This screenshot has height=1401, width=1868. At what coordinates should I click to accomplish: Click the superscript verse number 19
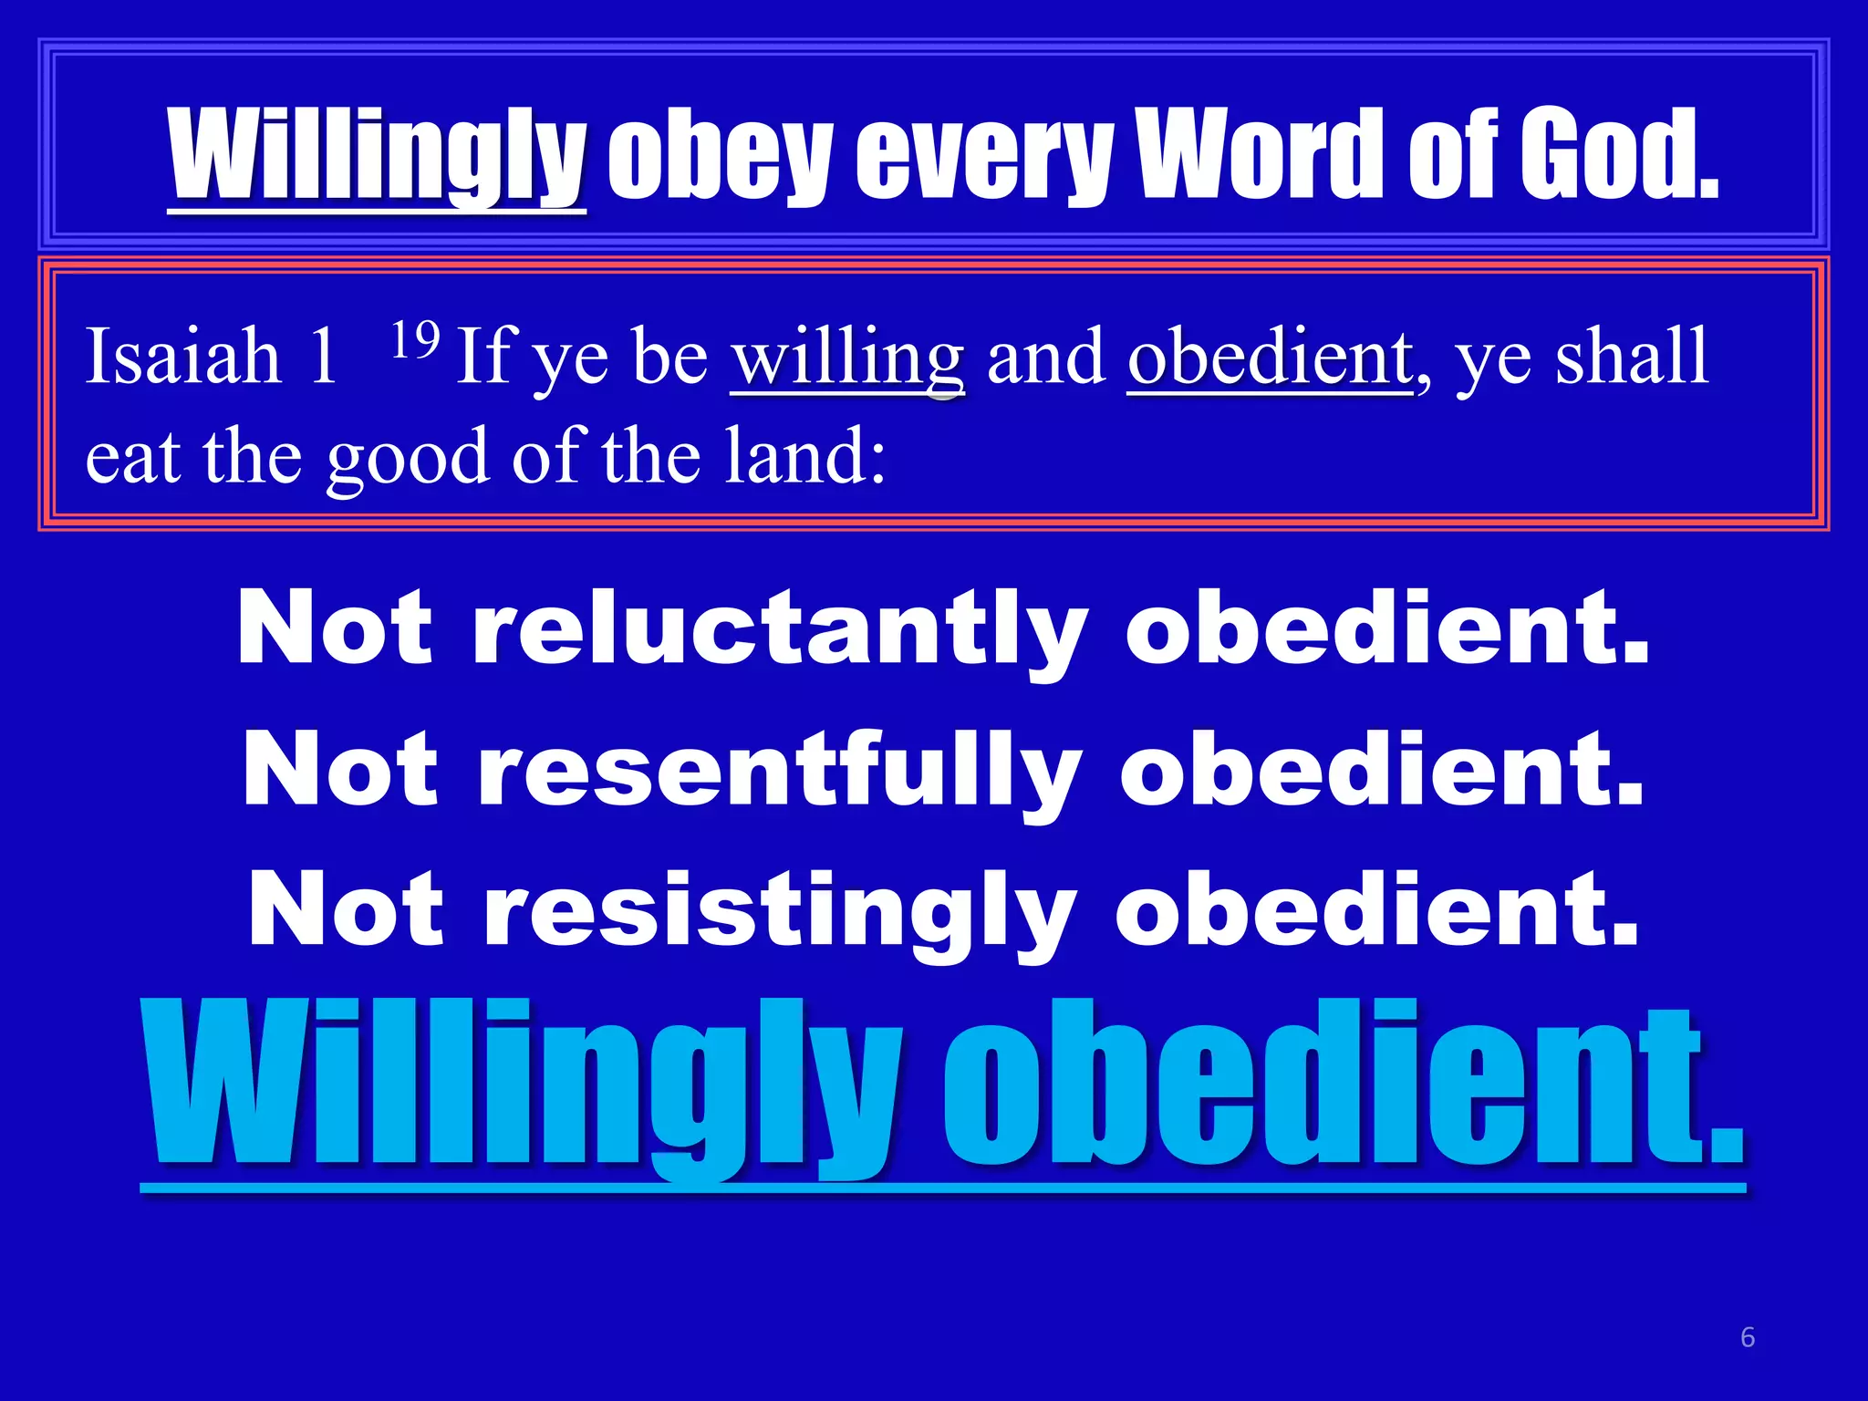415,339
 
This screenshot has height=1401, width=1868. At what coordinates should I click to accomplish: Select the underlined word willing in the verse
847,358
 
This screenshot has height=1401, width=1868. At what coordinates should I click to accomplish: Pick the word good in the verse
408,459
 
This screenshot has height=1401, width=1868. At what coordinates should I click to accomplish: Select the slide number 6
1748,1337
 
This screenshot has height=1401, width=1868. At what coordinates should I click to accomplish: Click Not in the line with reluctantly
334,628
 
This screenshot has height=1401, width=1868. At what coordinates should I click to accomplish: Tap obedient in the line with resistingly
1376,909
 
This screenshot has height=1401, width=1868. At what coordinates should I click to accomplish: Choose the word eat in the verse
132,459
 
